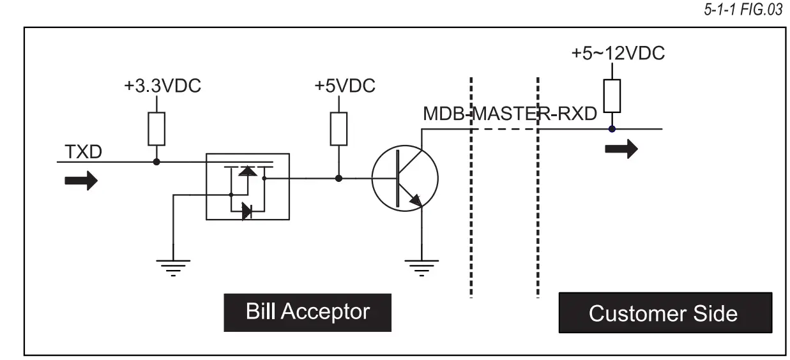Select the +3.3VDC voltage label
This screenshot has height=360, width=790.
(x=162, y=86)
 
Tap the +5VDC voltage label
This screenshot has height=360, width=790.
(x=344, y=86)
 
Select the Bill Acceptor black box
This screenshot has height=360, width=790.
(x=308, y=311)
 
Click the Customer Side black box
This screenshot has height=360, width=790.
(x=665, y=313)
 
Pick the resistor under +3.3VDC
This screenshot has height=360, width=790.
(x=156, y=128)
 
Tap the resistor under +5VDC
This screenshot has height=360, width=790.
(x=338, y=128)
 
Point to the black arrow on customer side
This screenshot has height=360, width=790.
(x=621, y=149)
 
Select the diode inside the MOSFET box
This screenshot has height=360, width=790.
(x=247, y=211)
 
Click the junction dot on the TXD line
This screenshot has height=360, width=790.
(x=156, y=162)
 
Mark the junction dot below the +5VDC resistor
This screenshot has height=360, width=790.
(x=338, y=178)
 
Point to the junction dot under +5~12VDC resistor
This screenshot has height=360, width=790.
(x=612, y=129)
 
